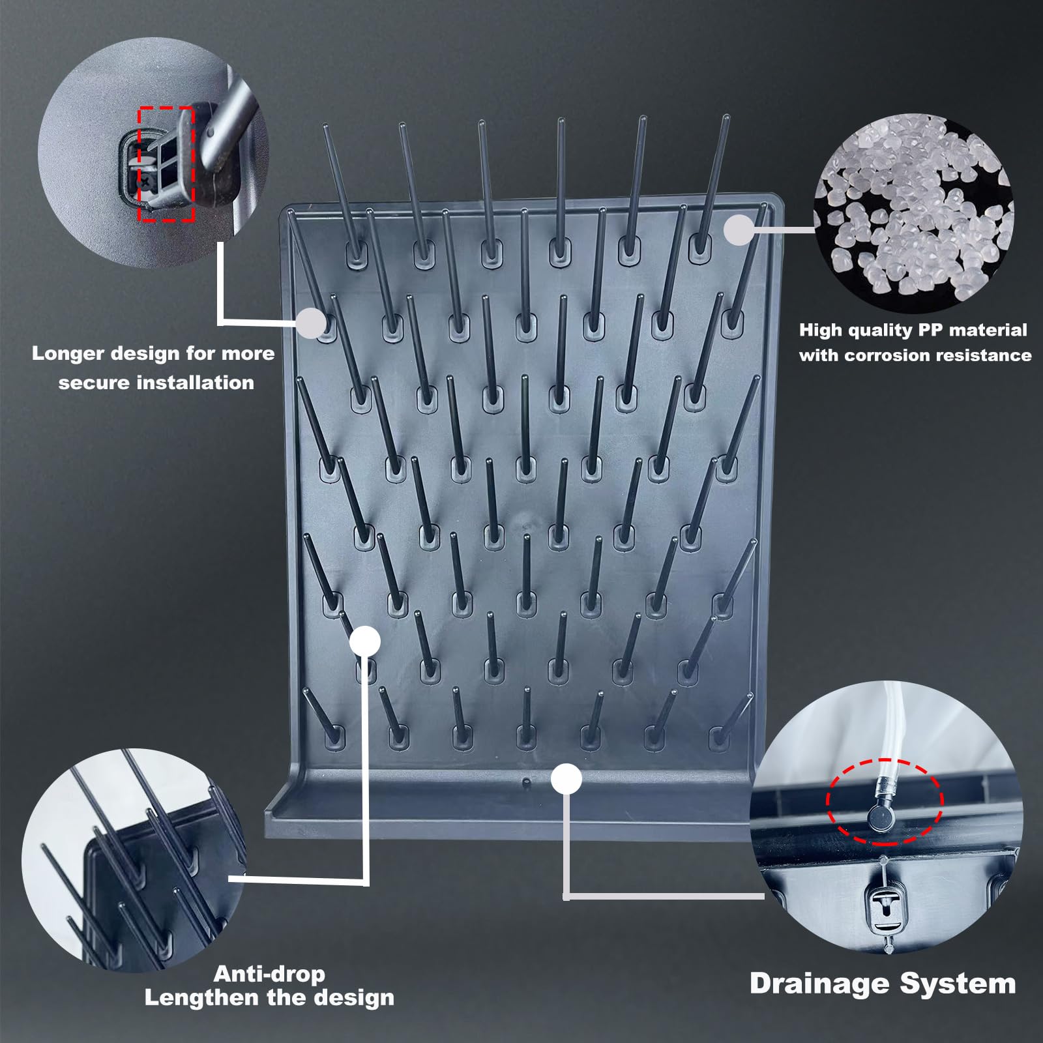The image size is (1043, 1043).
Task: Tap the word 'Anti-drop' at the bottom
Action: point(269,974)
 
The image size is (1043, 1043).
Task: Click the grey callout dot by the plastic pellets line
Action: point(739,230)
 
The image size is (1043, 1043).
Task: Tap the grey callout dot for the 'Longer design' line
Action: point(312,322)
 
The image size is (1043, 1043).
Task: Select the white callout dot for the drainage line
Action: point(566,779)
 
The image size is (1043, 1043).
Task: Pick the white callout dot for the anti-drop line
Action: point(365,641)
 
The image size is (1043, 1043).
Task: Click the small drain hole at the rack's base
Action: point(526,780)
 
